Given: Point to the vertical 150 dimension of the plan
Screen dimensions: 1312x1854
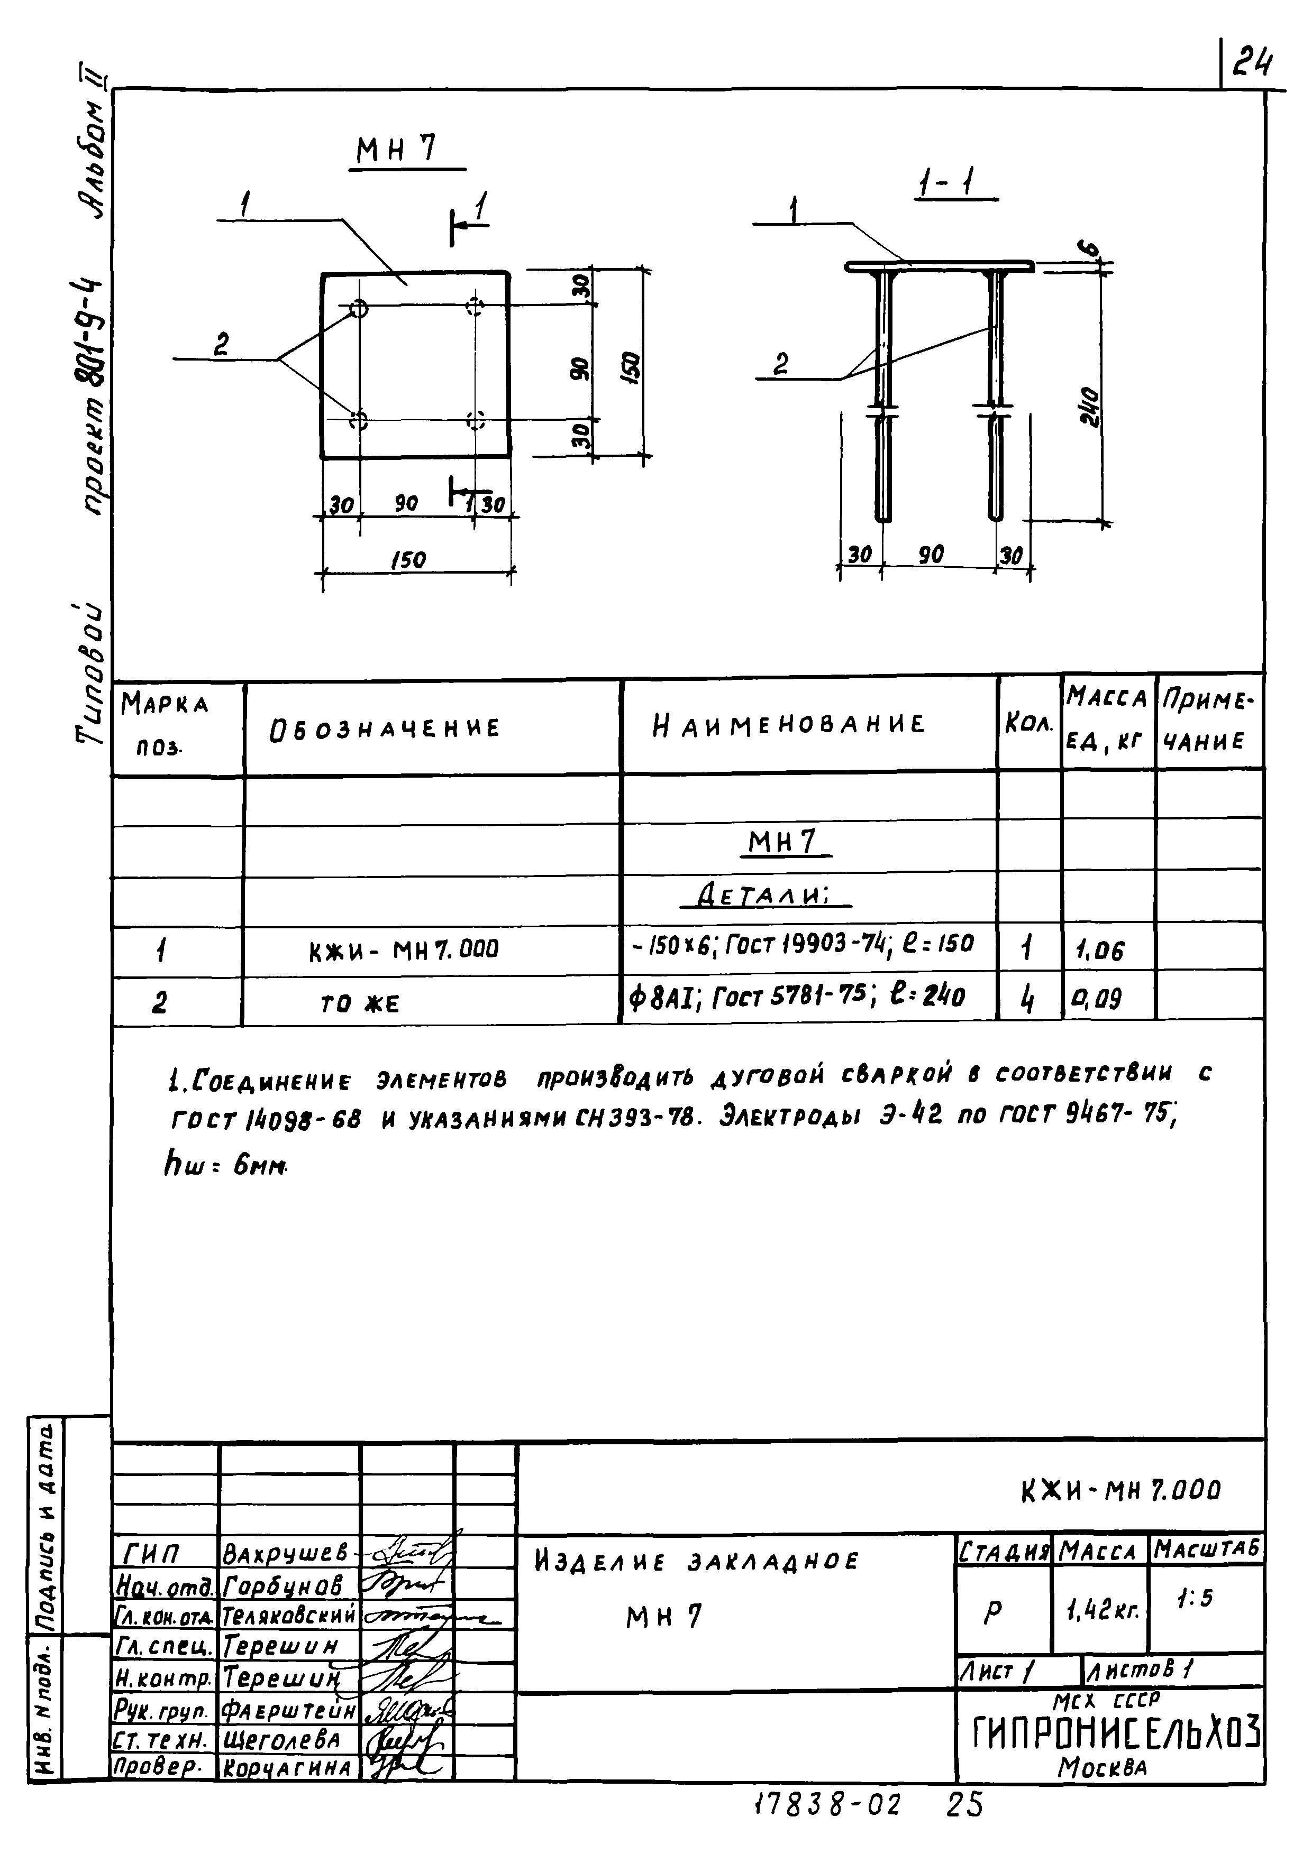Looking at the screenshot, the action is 633,367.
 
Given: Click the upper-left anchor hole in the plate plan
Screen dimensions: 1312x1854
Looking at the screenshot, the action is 359,308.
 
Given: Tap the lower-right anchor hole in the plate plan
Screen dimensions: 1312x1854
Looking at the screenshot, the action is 475,420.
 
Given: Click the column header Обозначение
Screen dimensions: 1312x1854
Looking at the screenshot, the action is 385,728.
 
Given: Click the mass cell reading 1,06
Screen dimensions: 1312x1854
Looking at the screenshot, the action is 1099,951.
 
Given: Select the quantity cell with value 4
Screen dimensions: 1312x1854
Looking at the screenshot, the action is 1027,1000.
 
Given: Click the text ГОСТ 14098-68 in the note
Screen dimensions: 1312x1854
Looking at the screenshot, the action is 266,1119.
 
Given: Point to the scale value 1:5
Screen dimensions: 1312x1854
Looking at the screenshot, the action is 1195,1599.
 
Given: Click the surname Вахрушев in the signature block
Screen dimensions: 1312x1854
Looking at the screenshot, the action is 285,1553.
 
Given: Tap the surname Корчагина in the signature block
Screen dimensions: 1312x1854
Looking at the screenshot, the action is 288,1768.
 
